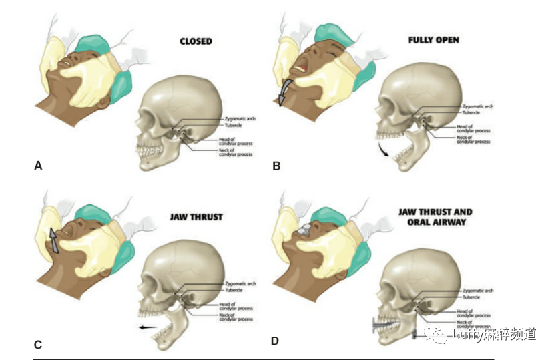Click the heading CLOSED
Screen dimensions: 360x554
pos(196,41)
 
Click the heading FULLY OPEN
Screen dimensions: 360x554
pos(434,40)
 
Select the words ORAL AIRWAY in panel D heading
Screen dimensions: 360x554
pos(435,222)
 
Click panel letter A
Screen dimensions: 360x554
pos(38,165)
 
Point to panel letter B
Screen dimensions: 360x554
pos(276,165)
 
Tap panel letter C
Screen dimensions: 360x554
pos(38,345)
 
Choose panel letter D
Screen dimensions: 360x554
pos(275,341)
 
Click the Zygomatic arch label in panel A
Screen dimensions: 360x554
pos(240,119)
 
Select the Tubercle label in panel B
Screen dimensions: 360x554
pos(471,113)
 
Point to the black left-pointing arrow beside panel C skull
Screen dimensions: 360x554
pos(148,327)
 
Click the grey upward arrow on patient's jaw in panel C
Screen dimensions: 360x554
pos(54,240)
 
